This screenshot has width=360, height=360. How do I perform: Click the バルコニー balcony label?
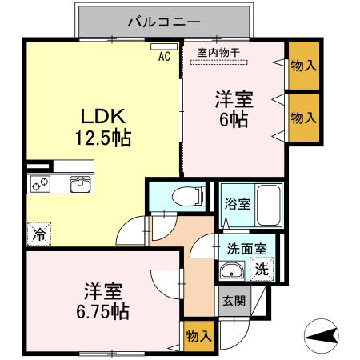(164, 22)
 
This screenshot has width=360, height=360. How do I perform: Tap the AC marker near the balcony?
(164, 56)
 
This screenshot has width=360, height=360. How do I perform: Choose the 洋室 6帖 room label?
(233, 110)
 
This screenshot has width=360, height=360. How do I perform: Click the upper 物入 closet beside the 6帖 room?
(302, 65)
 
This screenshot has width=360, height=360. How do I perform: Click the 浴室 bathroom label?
(238, 203)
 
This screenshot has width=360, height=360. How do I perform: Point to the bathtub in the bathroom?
(268, 203)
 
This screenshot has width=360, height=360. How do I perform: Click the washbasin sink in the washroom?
(234, 270)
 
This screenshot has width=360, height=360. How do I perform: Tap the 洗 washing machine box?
(262, 270)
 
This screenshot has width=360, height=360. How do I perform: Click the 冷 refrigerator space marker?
(38, 234)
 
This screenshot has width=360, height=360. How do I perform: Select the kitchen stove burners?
(41, 184)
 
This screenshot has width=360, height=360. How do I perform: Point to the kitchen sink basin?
(80, 184)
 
